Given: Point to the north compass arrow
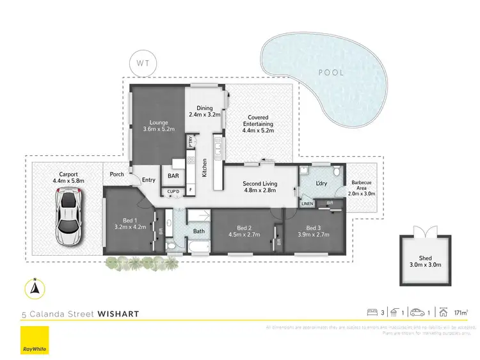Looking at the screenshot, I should [35, 289].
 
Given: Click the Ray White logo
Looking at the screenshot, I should [35, 339].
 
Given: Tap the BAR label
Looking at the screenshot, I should [173, 175].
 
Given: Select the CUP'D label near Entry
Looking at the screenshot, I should [173, 191].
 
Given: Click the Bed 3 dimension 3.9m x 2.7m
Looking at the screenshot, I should [313, 235].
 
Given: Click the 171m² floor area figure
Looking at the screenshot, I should [458, 313].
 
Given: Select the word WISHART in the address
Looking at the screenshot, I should [118, 313].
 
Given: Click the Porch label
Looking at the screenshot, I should [116, 174].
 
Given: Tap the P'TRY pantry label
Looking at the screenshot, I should [190, 141].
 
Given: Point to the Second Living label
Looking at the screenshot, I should [260, 184].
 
